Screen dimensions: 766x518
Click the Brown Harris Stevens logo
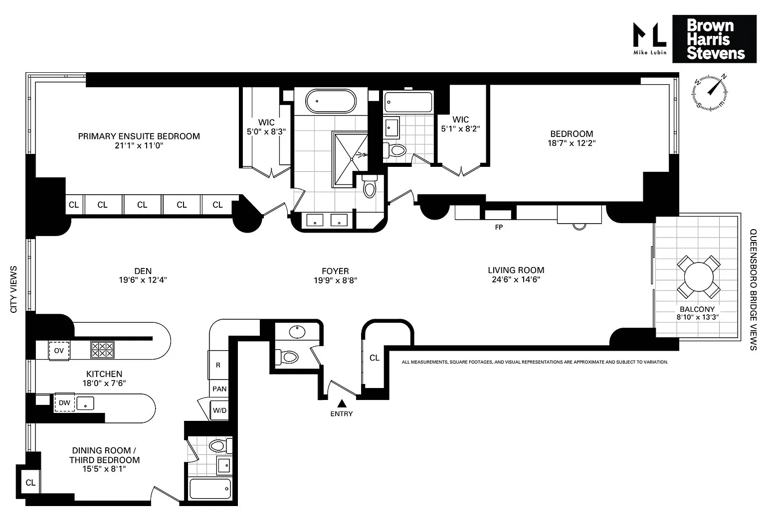click(714, 39)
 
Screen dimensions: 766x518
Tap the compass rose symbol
click(710, 93)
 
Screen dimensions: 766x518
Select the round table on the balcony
click(699, 276)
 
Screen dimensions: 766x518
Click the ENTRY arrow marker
click(342, 403)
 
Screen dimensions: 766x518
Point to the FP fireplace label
click(499, 227)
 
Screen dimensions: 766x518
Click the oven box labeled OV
click(59, 351)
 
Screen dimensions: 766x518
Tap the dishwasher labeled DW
click(64, 402)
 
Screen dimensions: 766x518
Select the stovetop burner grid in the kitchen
click(102, 350)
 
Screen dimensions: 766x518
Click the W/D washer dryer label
click(219, 410)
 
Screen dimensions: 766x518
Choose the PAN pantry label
click(219, 389)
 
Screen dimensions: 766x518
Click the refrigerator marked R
click(218, 365)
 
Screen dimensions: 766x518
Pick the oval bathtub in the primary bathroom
click(331, 102)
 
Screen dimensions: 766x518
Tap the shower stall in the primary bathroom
click(350, 159)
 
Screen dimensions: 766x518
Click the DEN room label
click(143, 271)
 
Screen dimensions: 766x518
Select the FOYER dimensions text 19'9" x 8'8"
click(336, 280)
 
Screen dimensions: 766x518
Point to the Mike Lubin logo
click(650, 38)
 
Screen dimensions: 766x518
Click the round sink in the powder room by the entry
click(297, 332)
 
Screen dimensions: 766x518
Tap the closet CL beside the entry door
click(375, 358)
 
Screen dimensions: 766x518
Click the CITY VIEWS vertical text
click(13, 289)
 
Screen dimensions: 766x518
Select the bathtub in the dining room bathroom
click(210, 489)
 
